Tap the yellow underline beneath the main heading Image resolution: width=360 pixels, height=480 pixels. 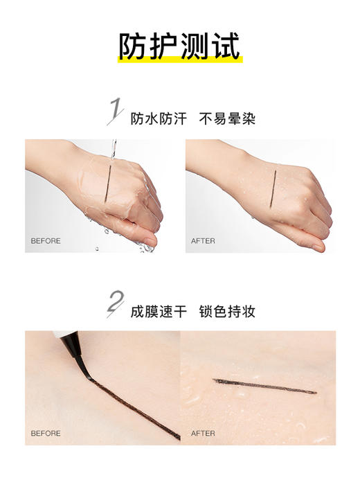click(x=179, y=59)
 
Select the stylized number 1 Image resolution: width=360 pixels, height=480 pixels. click(x=115, y=112)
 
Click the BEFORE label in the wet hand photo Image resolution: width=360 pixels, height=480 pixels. click(x=46, y=241)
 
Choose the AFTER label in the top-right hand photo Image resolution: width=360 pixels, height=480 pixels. click(x=204, y=241)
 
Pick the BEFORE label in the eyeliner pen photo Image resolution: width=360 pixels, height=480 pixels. click(x=46, y=434)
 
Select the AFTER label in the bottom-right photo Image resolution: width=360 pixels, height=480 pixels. click(x=204, y=434)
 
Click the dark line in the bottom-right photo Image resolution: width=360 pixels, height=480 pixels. click(x=263, y=386)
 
